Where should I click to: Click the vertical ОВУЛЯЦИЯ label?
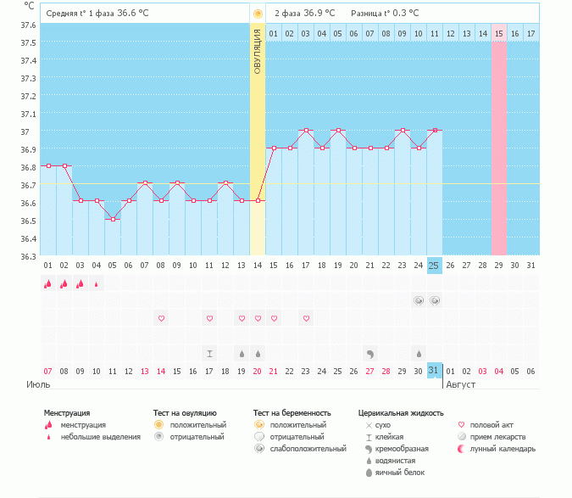click(258, 51)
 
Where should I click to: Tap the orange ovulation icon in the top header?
click(258, 14)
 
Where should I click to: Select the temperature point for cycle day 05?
click(113, 219)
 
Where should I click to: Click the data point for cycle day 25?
click(435, 131)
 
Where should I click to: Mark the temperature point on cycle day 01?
click(48, 165)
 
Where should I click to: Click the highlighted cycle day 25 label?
click(434, 266)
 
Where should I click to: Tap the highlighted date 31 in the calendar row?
click(434, 372)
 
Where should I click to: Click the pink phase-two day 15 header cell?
click(499, 33)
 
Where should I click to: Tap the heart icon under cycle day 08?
click(161, 318)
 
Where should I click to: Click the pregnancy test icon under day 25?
click(435, 301)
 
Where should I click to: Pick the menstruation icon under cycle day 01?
click(48, 284)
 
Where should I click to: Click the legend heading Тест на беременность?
click(292, 412)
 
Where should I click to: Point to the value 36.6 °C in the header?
click(131, 14)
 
